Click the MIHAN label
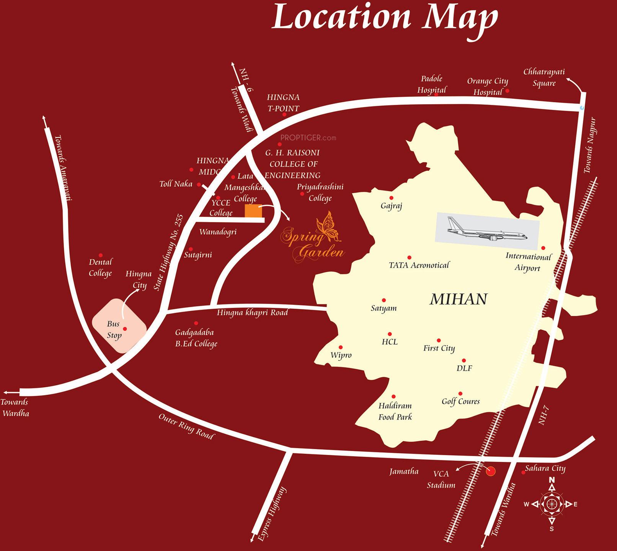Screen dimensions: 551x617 click(x=459, y=299)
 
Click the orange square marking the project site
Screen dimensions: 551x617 click(x=253, y=211)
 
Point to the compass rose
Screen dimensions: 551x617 click(x=552, y=504)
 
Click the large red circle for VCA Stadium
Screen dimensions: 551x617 click(x=490, y=471)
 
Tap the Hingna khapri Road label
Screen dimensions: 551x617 click(x=252, y=313)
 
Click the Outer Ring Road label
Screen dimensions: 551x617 click(x=186, y=426)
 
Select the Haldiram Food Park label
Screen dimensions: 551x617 click(x=395, y=411)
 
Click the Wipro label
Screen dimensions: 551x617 click(x=341, y=355)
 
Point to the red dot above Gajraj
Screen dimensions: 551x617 click(x=391, y=198)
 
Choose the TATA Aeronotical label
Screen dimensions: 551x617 click(x=419, y=265)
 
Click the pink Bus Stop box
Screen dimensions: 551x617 click(x=119, y=326)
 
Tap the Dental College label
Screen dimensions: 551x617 click(x=100, y=267)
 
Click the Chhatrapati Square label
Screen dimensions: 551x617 click(x=544, y=77)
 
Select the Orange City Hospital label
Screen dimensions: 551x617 click(x=487, y=87)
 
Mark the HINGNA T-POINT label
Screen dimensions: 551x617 click(x=283, y=103)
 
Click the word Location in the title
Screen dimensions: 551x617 click(x=341, y=17)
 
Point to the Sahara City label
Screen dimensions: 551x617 click(x=545, y=468)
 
